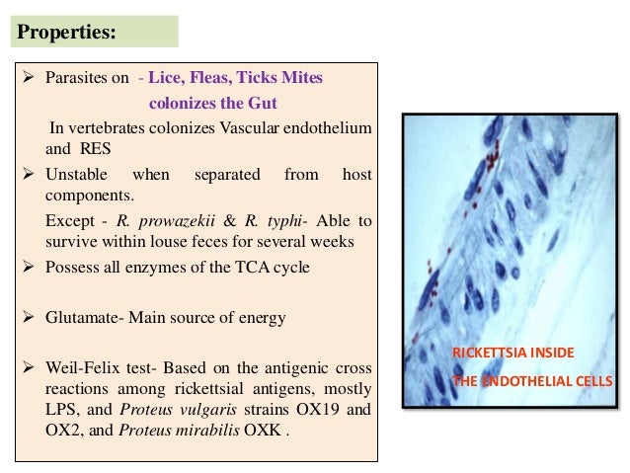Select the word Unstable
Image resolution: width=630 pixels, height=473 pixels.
(76, 175)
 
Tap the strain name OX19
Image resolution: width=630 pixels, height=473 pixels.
(324, 408)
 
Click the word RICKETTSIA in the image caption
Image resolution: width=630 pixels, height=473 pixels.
(488, 354)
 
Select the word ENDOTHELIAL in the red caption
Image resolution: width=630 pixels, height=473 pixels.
(530, 381)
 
